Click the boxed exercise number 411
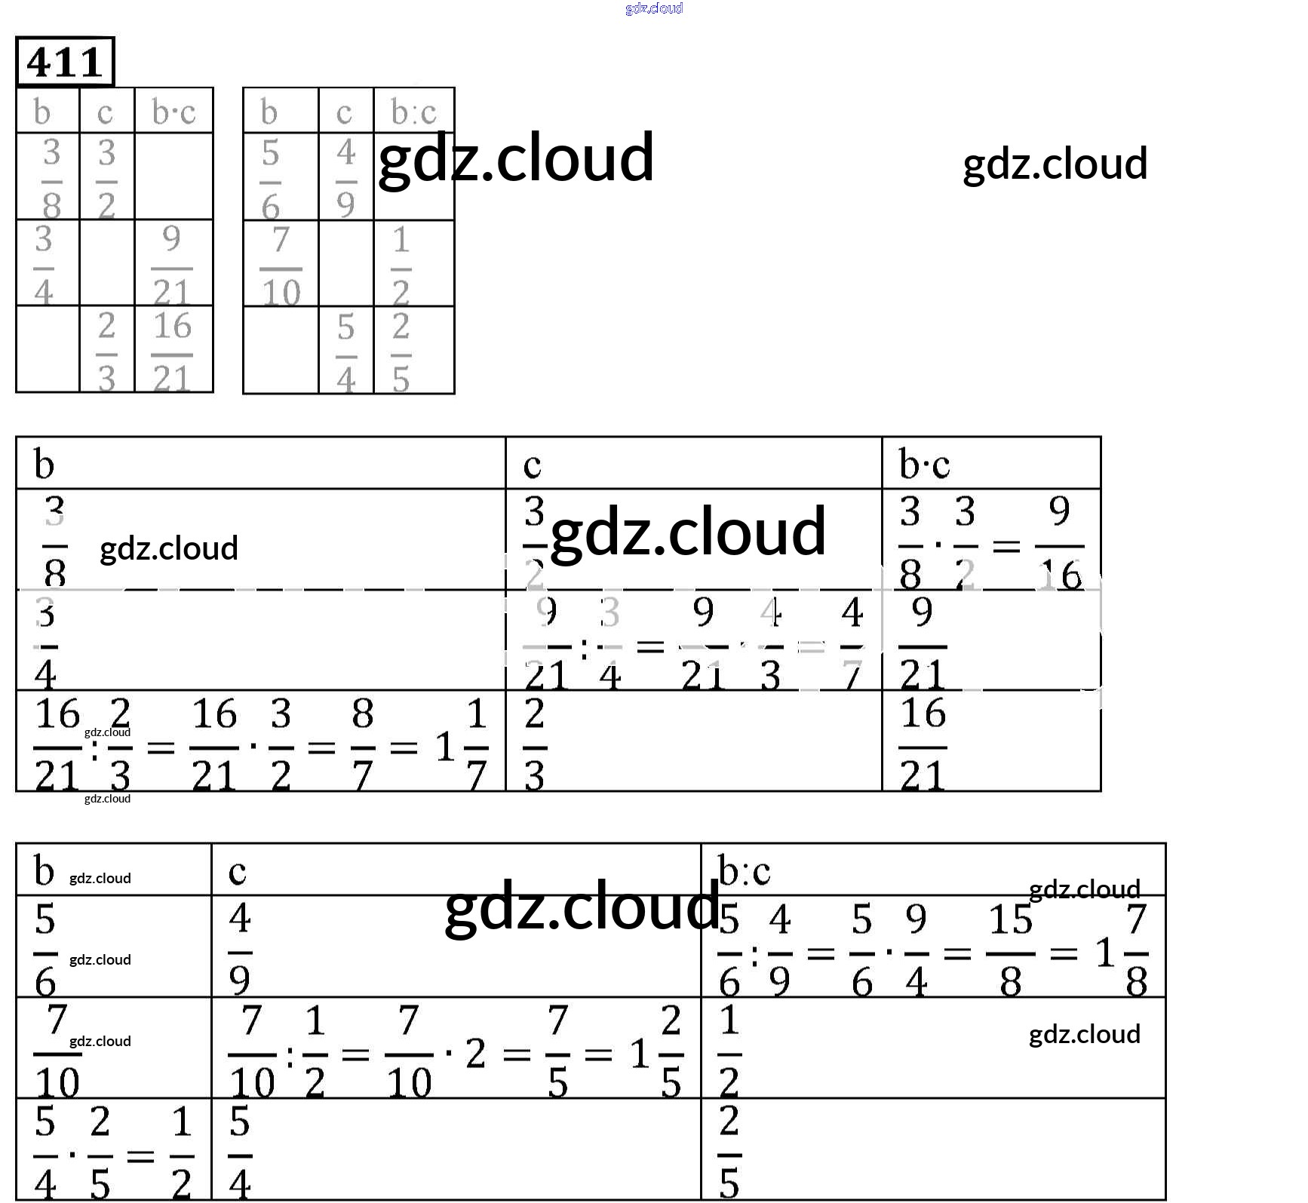coord(65,62)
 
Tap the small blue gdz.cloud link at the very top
coord(654,8)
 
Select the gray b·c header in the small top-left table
coord(173,112)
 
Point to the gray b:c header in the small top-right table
coord(413,112)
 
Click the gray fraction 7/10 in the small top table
coord(281,266)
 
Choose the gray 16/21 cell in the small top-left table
coord(173,352)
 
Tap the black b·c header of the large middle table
coord(924,464)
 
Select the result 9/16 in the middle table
coord(1060,543)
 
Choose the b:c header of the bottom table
coord(744,871)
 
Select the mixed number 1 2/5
coord(657,1053)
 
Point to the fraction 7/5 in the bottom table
coord(557,1053)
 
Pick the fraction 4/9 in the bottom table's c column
coord(240,950)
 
